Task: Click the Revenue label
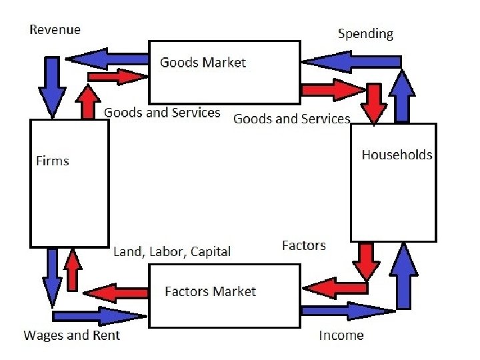(55, 29)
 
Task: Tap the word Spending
(365, 33)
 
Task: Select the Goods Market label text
(203, 63)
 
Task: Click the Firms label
(52, 161)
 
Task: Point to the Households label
(397, 155)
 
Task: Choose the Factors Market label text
(210, 291)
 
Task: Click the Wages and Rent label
(72, 335)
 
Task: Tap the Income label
(341, 335)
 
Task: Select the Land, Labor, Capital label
(172, 251)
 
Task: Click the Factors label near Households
(304, 245)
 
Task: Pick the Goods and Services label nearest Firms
(162, 113)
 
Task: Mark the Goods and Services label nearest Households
(291, 119)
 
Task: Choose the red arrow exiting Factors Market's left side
(115, 292)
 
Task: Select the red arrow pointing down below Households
(366, 261)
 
